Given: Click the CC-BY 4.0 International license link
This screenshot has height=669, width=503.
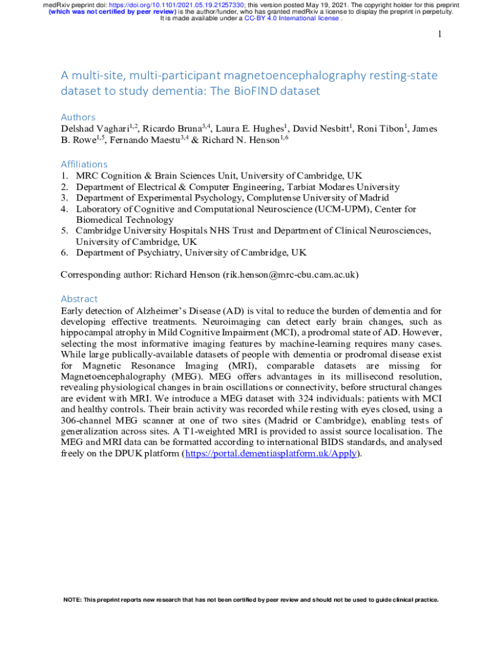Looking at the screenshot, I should (291, 18).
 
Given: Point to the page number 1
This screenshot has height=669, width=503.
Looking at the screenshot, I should (440, 34).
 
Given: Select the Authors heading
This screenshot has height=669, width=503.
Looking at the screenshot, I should (78, 117).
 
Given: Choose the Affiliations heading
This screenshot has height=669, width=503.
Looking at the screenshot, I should (84, 164).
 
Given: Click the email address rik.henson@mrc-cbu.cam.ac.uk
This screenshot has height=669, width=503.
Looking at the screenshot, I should (290, 275).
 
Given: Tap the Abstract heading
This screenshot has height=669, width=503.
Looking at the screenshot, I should (79, 299).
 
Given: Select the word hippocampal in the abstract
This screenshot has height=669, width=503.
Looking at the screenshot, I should (88, 332).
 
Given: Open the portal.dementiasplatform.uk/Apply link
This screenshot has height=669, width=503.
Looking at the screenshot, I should (270, 453).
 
